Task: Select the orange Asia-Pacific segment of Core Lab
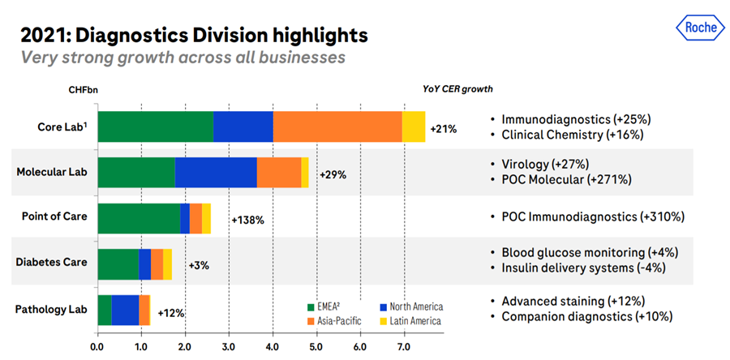click(x=337, y=126)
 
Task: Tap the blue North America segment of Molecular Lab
click(x=216, y=173)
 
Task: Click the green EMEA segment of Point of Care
click(x=139, y=219)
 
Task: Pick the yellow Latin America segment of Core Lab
click(x=414, y=126)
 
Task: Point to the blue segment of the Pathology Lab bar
click(x=125, y=311)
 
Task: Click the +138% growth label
click(x=248, y=219)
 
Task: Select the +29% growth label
click(x=333, y=174)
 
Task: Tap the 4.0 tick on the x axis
click(x=272, y=346)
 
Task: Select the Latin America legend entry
click(x=413, y=321)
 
